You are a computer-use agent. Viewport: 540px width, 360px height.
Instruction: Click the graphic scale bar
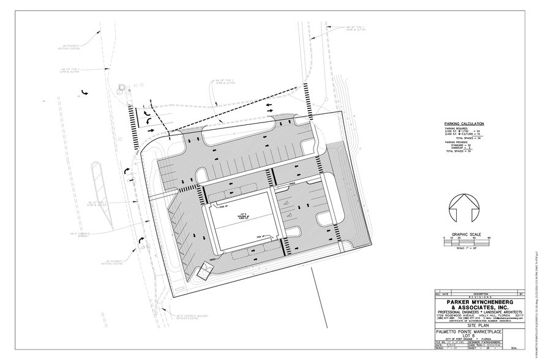coord(463,242)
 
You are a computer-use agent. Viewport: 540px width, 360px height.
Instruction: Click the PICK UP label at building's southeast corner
coord(261,236)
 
